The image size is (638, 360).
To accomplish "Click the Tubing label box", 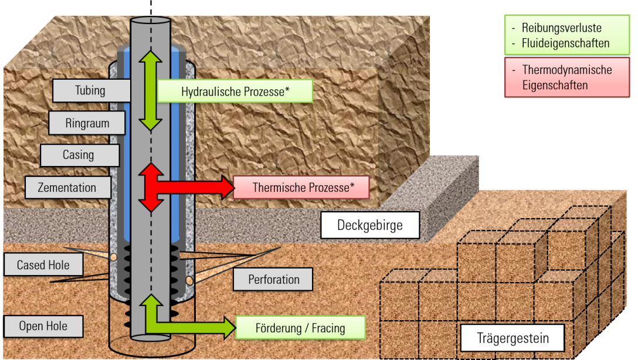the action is click(x=91, y=90).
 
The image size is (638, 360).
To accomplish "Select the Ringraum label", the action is click(x=87, y=123).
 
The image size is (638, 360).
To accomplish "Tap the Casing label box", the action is click(x=80, y=155).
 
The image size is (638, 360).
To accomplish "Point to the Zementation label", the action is click(x=68, y=188).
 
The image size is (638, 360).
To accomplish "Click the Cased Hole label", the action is click(x=43, y=265).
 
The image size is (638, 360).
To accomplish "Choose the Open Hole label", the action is click(x=43, y=326).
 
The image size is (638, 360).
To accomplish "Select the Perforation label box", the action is click(x=273, y=280).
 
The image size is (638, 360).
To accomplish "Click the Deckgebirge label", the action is click(x=370, y=225).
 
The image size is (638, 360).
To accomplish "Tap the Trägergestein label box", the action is click(x=513, y=338).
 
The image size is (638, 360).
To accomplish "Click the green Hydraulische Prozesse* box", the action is click(x=235, y=91).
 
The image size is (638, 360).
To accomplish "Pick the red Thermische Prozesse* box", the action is click(x=301, y=187).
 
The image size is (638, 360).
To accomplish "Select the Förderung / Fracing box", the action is click(x=300, y=328).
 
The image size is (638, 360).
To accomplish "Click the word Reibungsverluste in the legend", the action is click(x=562, y=28).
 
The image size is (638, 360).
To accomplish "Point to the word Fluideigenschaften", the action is click(x=565, y=43).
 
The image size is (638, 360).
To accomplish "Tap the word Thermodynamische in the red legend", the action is click(x=567, y=70).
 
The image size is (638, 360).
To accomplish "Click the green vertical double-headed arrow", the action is click(x=151, y=91).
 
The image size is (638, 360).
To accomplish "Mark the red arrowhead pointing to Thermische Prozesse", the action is click(x=228, y=187).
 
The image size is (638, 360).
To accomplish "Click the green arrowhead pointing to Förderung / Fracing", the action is click(x=229, y=327).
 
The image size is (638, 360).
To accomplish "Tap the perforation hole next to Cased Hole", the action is click(x=114, y=257).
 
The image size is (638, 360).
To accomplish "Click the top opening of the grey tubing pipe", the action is click(x=151, y=21).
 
